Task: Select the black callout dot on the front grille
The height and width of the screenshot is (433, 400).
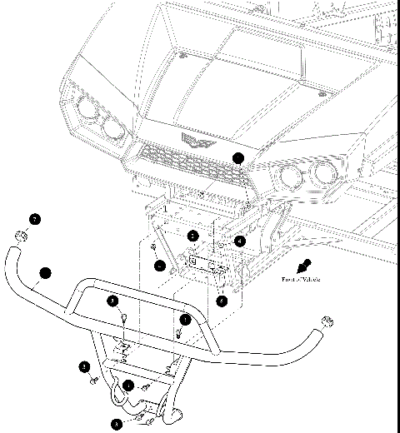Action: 239,157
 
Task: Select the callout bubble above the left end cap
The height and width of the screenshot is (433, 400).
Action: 34,220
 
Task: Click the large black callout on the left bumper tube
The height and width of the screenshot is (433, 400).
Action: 45,272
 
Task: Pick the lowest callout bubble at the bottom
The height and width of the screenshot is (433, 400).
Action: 116,423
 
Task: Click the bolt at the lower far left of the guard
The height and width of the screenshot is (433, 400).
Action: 93,381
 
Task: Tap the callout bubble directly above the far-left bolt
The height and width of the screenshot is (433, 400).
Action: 84,366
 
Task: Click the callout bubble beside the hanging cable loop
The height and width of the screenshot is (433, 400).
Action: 128,385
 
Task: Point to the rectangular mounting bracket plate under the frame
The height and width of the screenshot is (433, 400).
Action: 205,261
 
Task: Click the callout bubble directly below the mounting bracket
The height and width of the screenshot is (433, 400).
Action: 222,301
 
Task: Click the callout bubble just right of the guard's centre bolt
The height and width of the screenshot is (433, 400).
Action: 186,319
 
